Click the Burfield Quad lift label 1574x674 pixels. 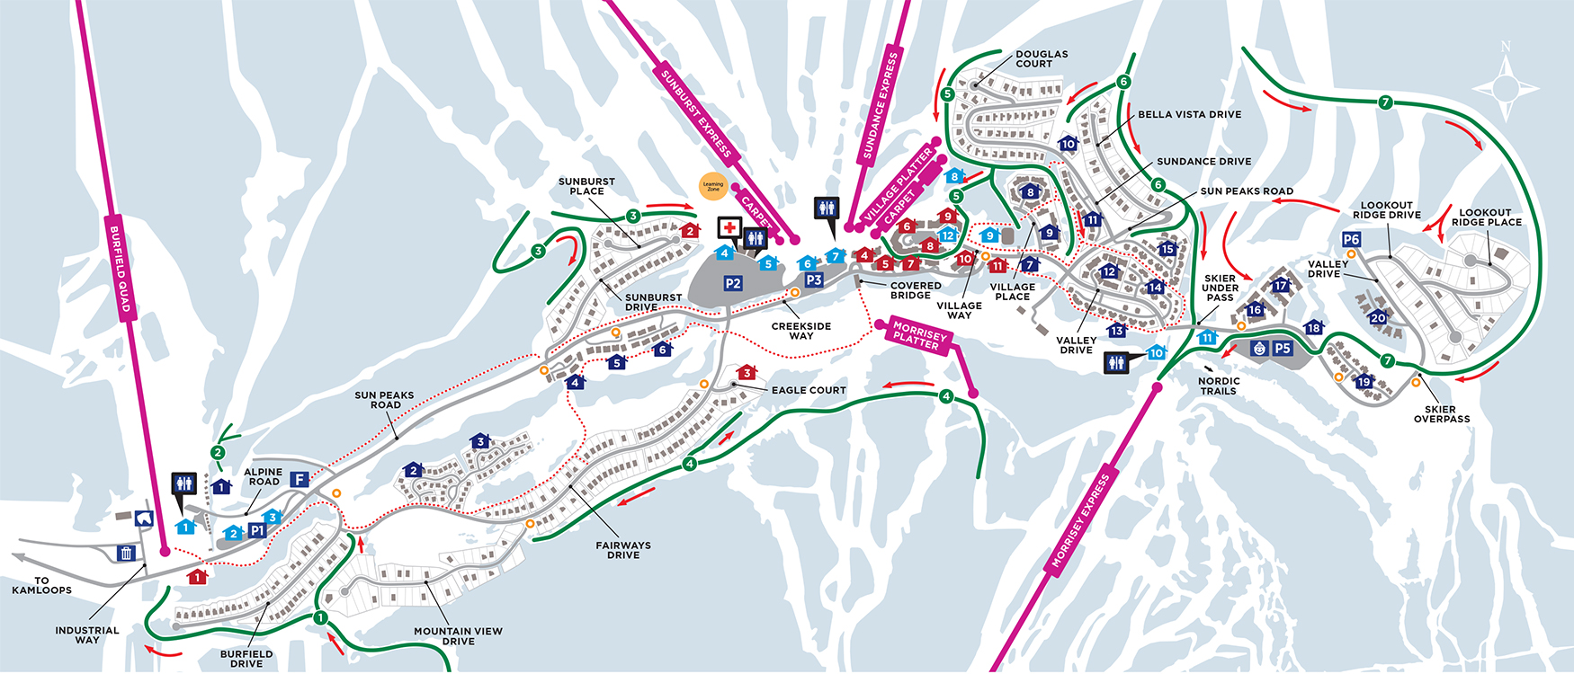pyautogui.click(x=121, y=269)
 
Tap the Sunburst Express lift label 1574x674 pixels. pyautogui.click(x=696, y=113)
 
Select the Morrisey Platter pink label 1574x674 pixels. pyautogui.click(x=918, y=336)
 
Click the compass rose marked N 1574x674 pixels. pyautogui.click(x=1506, y=87)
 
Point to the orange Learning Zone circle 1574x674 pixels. pyautogui.click(x=713, y=186)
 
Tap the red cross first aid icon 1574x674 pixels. pyautogui.click(x=729, y=228)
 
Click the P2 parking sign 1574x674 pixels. pyautogui.click(x=733, y=284)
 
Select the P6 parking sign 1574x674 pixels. pyautogui.click(x=1351, y=239)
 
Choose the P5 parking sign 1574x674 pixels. pyautogui.click(x=1283, y=349)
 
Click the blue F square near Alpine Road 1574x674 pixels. pyautogui.click(x=300, y=480)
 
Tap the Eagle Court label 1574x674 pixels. pyautogui.click(x=808, y=390)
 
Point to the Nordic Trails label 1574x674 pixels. pyautogui.click(x=1219, y=386)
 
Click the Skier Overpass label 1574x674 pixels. pyautogui.click(x=1441, y=413)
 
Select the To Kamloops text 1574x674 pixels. pyautogui.click(x=41, y=585)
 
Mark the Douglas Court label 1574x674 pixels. pyautogui.click(x=1042, y=58)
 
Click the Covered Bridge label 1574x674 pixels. pyautogui.click(x=916, y=290)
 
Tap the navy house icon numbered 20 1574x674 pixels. pyautogui.click(x=1378, y=317)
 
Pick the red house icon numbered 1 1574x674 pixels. pyautogui.click(x=197, y=577)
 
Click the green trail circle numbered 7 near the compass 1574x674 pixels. pyautogui.click(x=1385, y=102)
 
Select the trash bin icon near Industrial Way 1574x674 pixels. pyautogui.click(x=126, y=553)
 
